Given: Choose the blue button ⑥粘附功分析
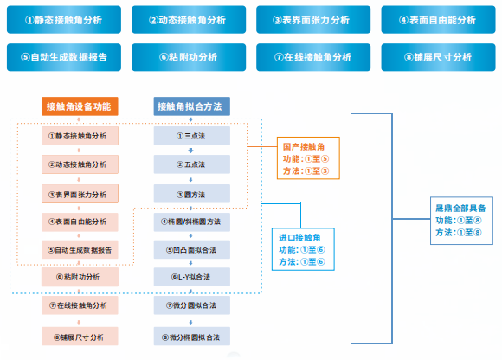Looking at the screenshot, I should [188, 57].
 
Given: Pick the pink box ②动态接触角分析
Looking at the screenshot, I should [79, 164].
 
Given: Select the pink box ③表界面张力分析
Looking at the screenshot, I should [79, 194].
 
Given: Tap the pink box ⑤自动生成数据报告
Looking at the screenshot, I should [79, 249].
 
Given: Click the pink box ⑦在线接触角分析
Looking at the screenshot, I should [79, 306].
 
